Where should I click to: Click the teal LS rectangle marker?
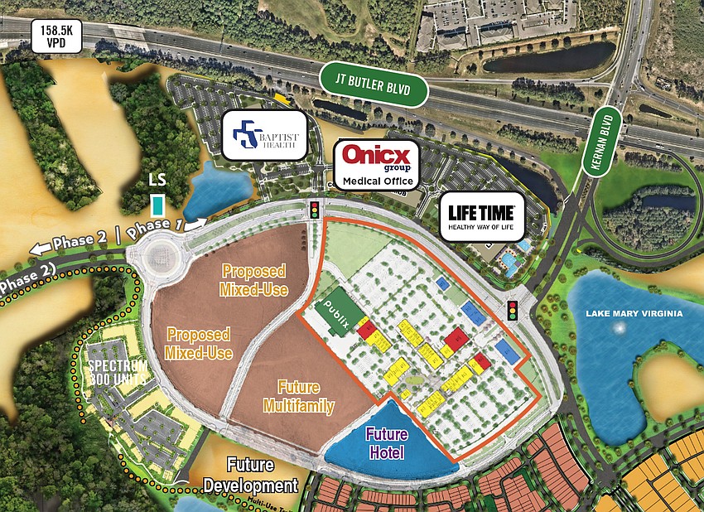coord(157,204)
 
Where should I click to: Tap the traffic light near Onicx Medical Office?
coord(314,209)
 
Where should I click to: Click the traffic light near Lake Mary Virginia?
coord(514,311)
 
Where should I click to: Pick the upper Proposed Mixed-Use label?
coord(253,280)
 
